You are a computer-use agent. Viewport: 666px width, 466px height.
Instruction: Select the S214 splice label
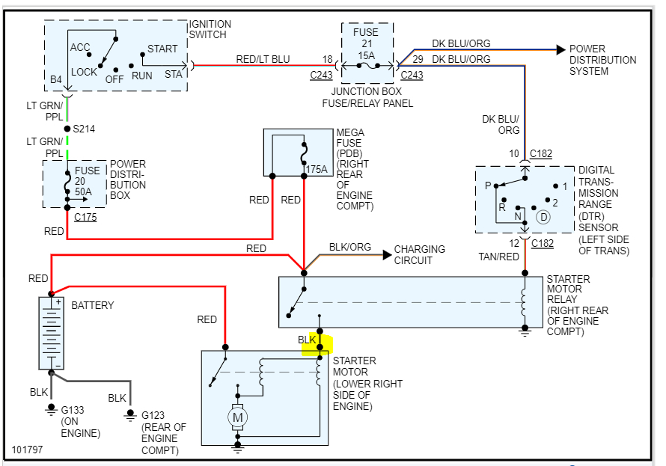tap(85, 129)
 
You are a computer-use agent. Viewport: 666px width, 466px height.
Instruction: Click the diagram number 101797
tap(28, 451)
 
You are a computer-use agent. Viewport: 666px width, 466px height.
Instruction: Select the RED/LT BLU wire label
tap(263, 60)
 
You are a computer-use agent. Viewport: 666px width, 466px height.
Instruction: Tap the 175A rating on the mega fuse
tap(317, 169)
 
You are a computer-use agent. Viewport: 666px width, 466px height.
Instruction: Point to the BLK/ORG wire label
tap(349, 248)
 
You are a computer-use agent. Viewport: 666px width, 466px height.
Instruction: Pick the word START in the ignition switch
tap(162, 49)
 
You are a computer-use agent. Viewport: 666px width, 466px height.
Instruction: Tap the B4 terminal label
tap(56, 79)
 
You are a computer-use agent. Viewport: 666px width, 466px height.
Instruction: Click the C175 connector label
tap(85, 218)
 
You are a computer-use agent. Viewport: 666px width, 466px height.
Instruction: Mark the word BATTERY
tap(93, 305)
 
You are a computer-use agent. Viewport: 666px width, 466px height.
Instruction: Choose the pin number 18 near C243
tap(328, 59)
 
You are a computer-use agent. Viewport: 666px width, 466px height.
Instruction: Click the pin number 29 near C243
tap(416, 59)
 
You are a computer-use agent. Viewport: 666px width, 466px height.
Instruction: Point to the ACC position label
tap(80, 47)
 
